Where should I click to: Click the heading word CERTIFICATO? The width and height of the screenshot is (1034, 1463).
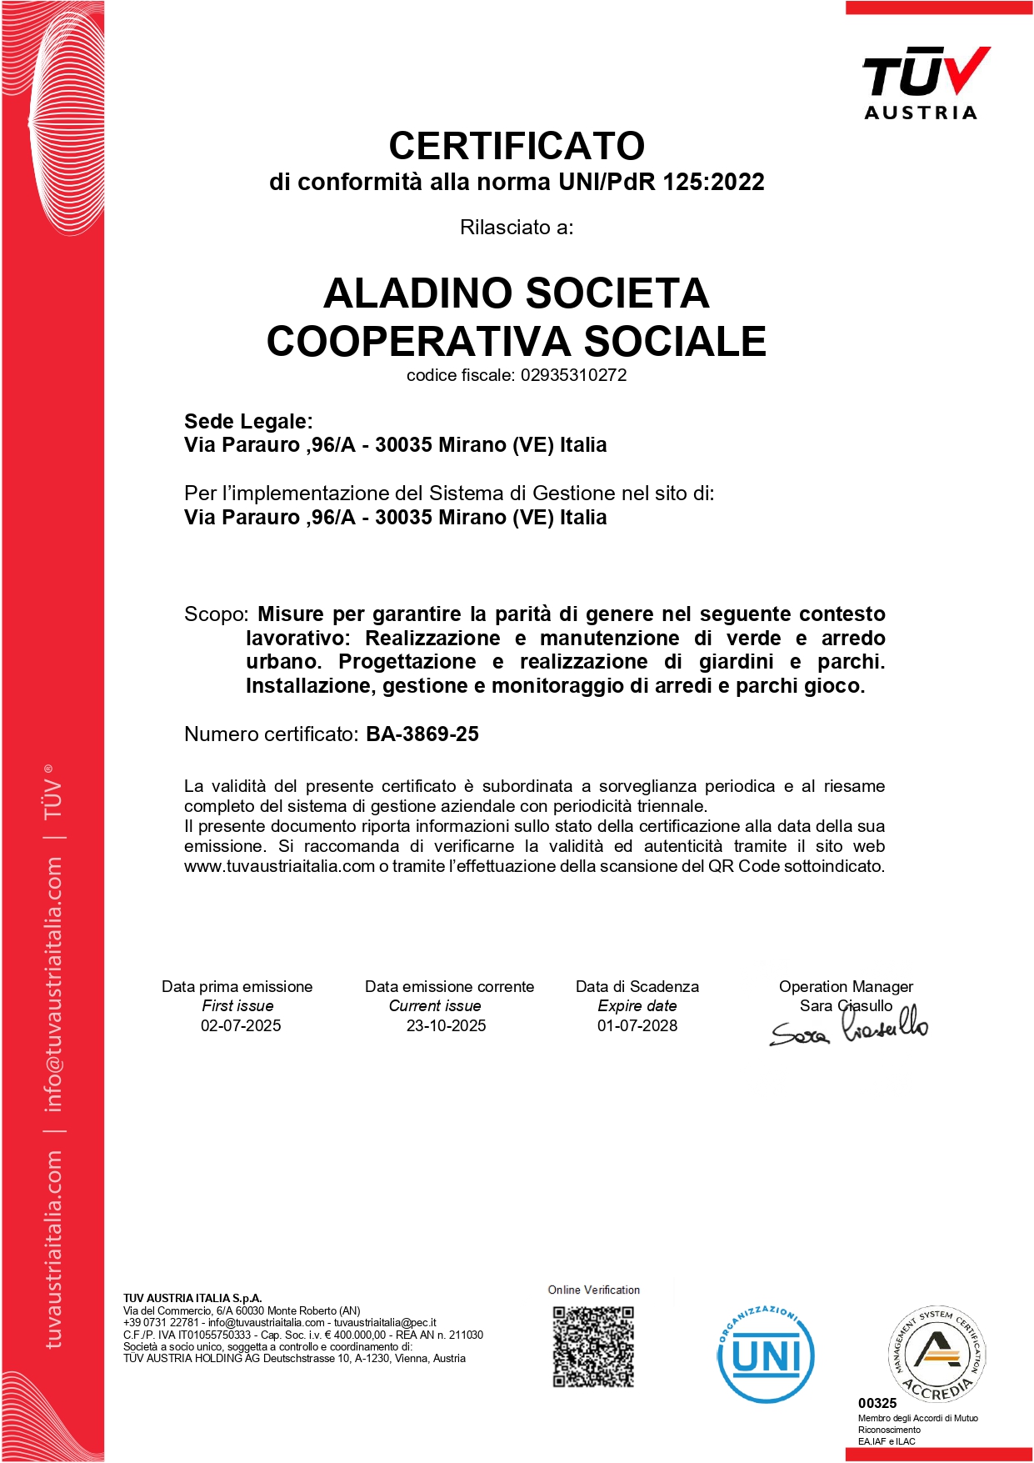coord(517,146)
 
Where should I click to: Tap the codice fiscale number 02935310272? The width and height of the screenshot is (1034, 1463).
coord(573,375)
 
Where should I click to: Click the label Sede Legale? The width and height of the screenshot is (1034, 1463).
coord(248,421)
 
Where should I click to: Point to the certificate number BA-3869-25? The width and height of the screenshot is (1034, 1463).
coord(422,734)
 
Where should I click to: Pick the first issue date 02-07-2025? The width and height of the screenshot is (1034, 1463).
coord(241,1025)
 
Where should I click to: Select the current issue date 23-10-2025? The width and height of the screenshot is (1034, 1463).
coord(446,1025)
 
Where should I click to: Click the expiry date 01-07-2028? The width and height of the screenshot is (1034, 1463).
coord(637,1025)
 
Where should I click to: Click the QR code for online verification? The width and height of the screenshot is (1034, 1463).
coord(593,1346)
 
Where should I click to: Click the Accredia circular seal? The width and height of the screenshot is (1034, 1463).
coord(937,1353)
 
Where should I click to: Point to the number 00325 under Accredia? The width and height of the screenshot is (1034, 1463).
coord(877,1403)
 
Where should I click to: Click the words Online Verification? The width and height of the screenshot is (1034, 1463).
coord(593,1290)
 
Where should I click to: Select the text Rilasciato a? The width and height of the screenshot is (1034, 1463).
coord(517,228)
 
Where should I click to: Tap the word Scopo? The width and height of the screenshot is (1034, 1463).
coord(216,614)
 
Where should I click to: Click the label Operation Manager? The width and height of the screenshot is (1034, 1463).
coord(846,986)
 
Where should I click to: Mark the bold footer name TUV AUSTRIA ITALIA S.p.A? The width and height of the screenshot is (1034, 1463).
coord(192,1298)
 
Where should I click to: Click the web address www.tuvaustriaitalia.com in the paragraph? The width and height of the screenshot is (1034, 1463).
coord(279,866)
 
